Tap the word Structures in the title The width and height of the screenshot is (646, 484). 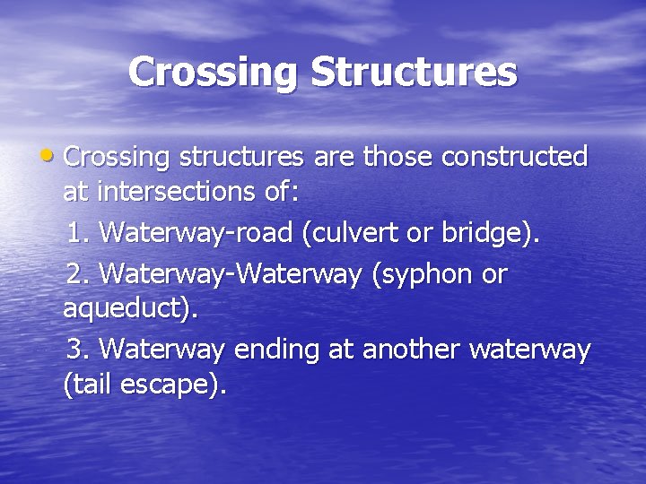pyautogui.click(x=414, y=73)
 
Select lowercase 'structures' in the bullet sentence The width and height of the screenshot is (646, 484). pyautogui.click(x=241, y=158)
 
